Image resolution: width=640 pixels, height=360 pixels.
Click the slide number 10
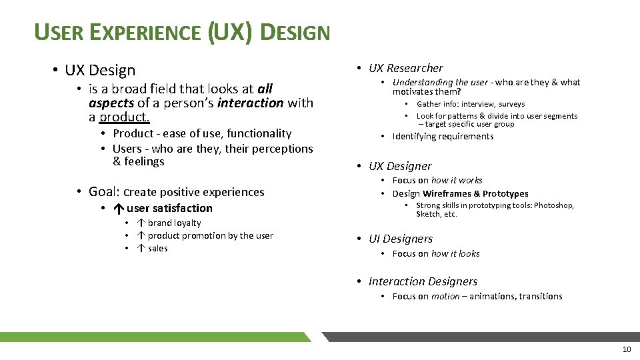point(626,350)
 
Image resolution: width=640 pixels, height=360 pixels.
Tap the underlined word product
point(125,117)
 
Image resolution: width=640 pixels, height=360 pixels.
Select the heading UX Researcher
point(405,68)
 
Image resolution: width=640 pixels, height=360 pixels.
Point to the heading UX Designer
point(400,166)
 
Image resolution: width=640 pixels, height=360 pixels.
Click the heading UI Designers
point(401,239)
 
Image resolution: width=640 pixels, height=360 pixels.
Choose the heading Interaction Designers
point(423,281)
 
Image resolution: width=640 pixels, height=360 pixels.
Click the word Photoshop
point(553,205)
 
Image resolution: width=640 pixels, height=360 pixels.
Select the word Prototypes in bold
point(505,193)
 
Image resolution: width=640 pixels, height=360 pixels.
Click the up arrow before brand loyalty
point(141,223)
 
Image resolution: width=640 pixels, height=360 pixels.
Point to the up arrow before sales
point(141,248)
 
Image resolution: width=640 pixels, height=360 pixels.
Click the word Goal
point(103,192)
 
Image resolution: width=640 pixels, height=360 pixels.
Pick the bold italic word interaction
point(250,103)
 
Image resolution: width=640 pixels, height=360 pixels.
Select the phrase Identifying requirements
point(443,137)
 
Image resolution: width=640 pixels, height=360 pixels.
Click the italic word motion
point(445,296)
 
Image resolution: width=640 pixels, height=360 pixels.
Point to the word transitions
point(539,296)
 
